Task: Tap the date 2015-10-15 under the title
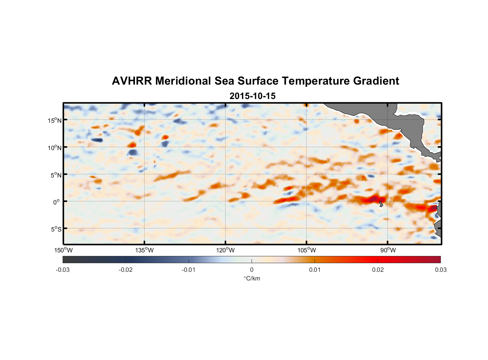click(252, 96)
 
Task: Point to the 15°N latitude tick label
click(55, 120)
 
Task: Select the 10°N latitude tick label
click(55, 148)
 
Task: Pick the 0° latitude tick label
click(57, 202)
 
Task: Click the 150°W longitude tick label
click(64, 250)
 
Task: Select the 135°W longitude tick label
click(145, 250)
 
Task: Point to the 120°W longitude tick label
click(226, 250)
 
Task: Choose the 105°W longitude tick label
click(307, 250)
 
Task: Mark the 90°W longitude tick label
click(388, 250)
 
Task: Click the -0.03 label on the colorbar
click(63, 270)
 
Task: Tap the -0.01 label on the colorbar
click(189, 270)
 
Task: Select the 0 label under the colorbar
click(252, 270)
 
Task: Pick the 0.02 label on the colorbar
click(378, 270)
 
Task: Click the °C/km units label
click(252, 278)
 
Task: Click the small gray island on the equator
click(381, 204)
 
